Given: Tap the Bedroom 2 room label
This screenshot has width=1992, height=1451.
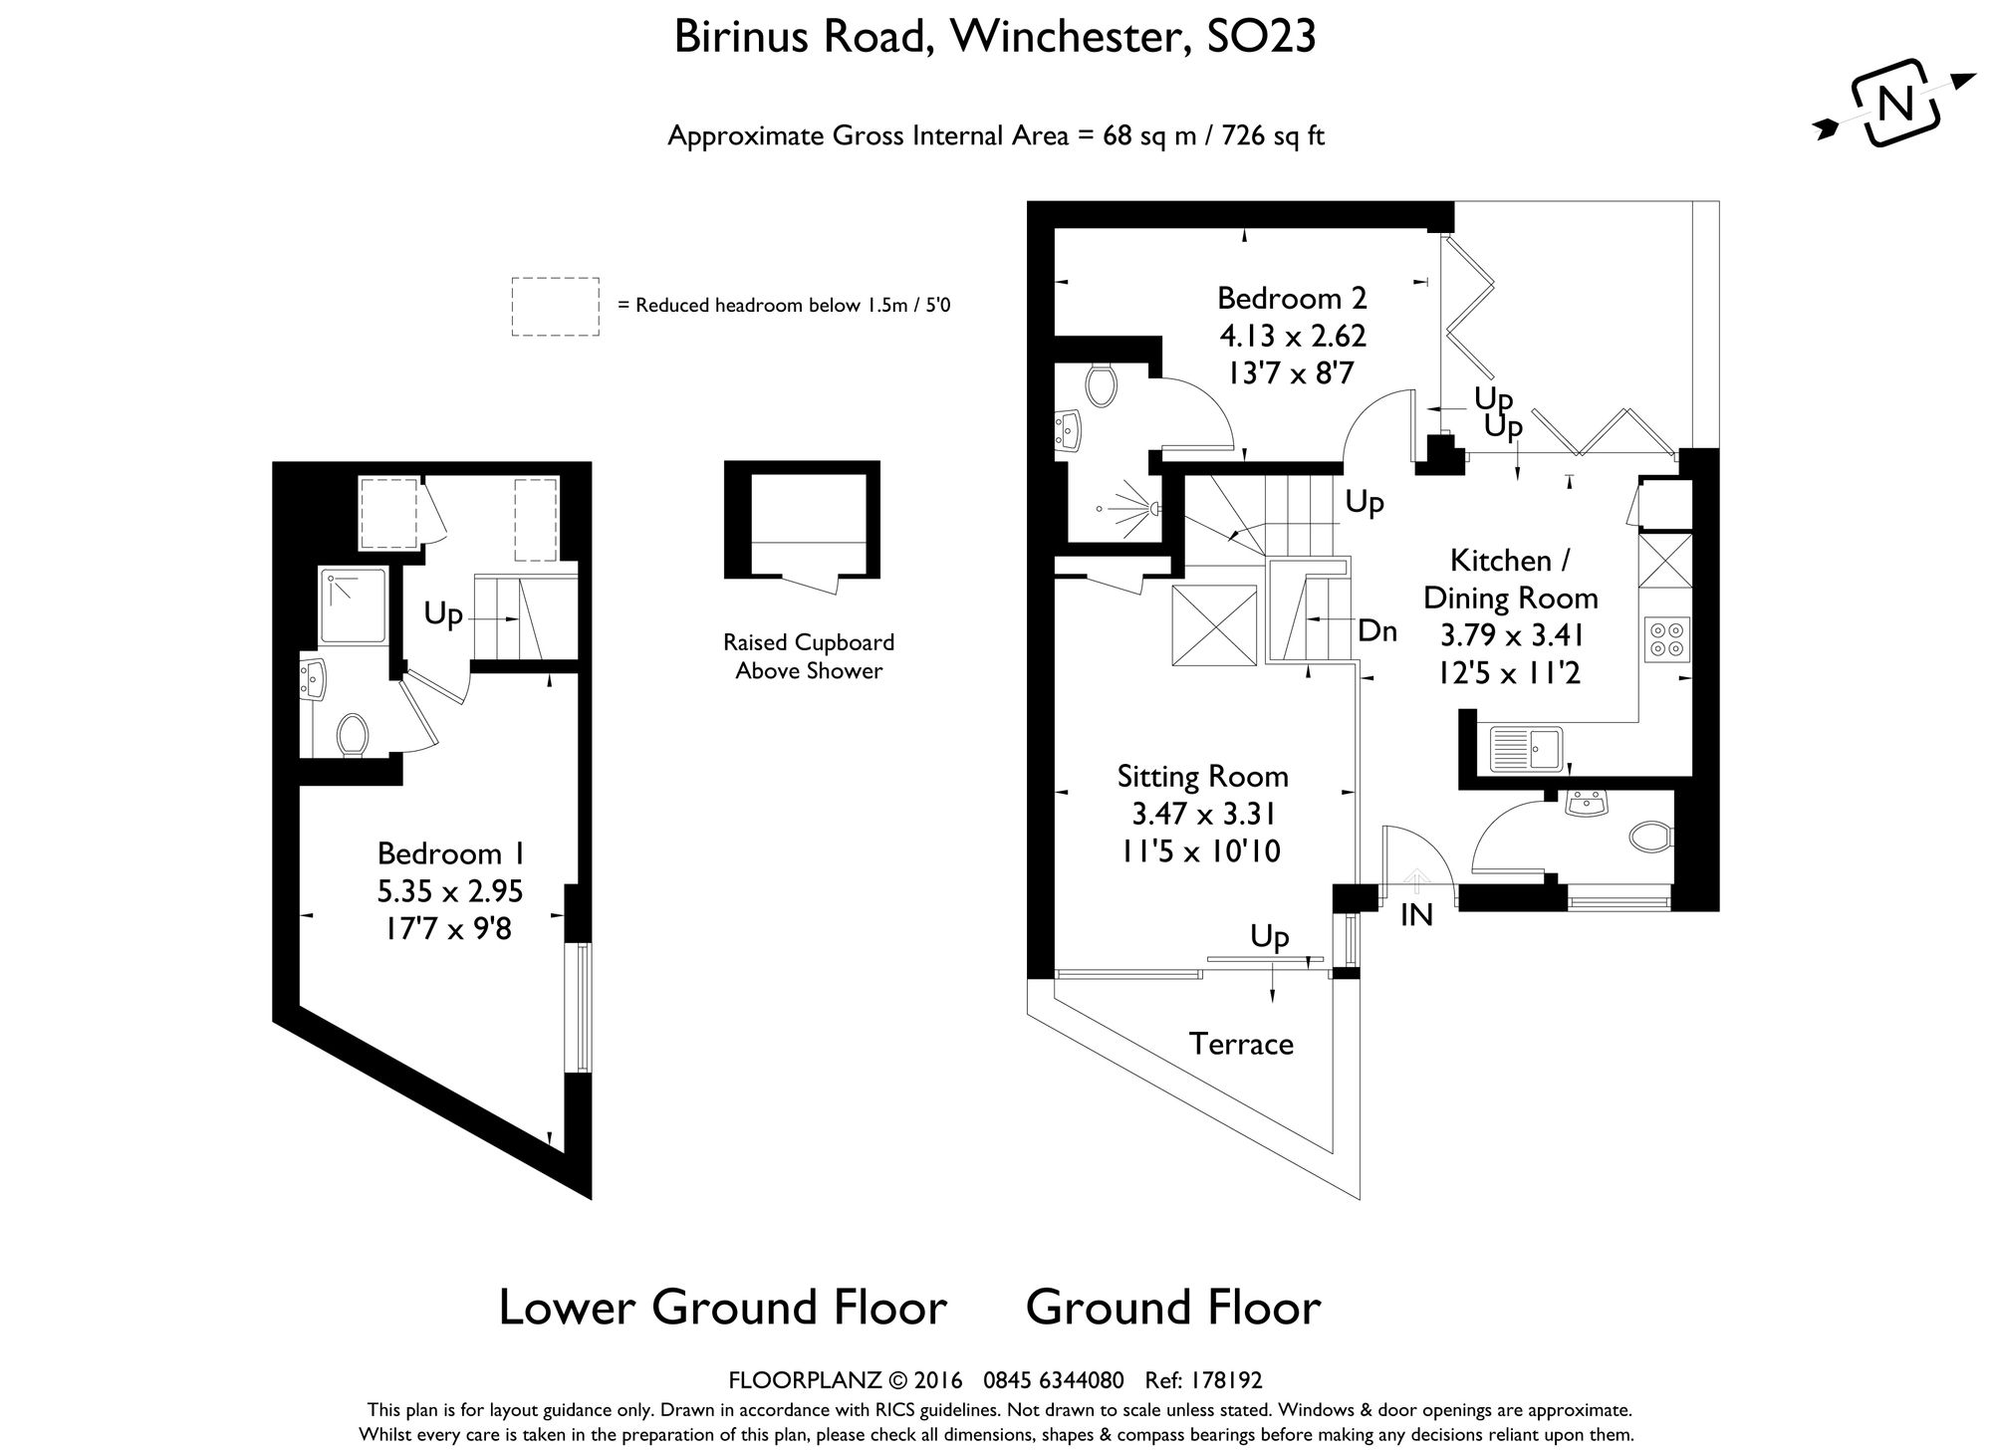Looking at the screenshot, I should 1292,298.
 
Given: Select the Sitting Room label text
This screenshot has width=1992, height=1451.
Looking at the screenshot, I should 1202,776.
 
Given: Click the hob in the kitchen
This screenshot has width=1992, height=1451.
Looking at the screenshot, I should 1666,638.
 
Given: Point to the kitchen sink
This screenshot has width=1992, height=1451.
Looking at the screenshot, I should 1526,749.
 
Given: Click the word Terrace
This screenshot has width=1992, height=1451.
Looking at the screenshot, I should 1241,1044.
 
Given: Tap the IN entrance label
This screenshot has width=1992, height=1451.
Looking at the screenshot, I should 1415,915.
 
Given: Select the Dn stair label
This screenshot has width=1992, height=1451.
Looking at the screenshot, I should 1377,630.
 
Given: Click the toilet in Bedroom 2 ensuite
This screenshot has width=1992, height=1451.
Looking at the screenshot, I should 1101,385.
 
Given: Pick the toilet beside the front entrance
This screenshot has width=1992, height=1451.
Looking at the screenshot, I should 1650,838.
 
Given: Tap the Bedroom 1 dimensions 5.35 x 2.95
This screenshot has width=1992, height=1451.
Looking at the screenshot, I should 450,891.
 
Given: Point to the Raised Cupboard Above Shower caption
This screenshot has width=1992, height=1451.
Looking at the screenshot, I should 809,656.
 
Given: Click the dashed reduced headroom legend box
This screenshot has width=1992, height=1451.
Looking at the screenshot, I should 555,306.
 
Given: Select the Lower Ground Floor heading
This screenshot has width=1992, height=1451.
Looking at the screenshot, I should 722,1307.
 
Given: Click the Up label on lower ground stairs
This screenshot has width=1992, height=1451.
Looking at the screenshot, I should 443,615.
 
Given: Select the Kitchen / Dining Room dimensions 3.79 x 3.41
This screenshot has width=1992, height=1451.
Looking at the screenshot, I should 1511,635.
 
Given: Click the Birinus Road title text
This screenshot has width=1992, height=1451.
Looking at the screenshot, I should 803,38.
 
